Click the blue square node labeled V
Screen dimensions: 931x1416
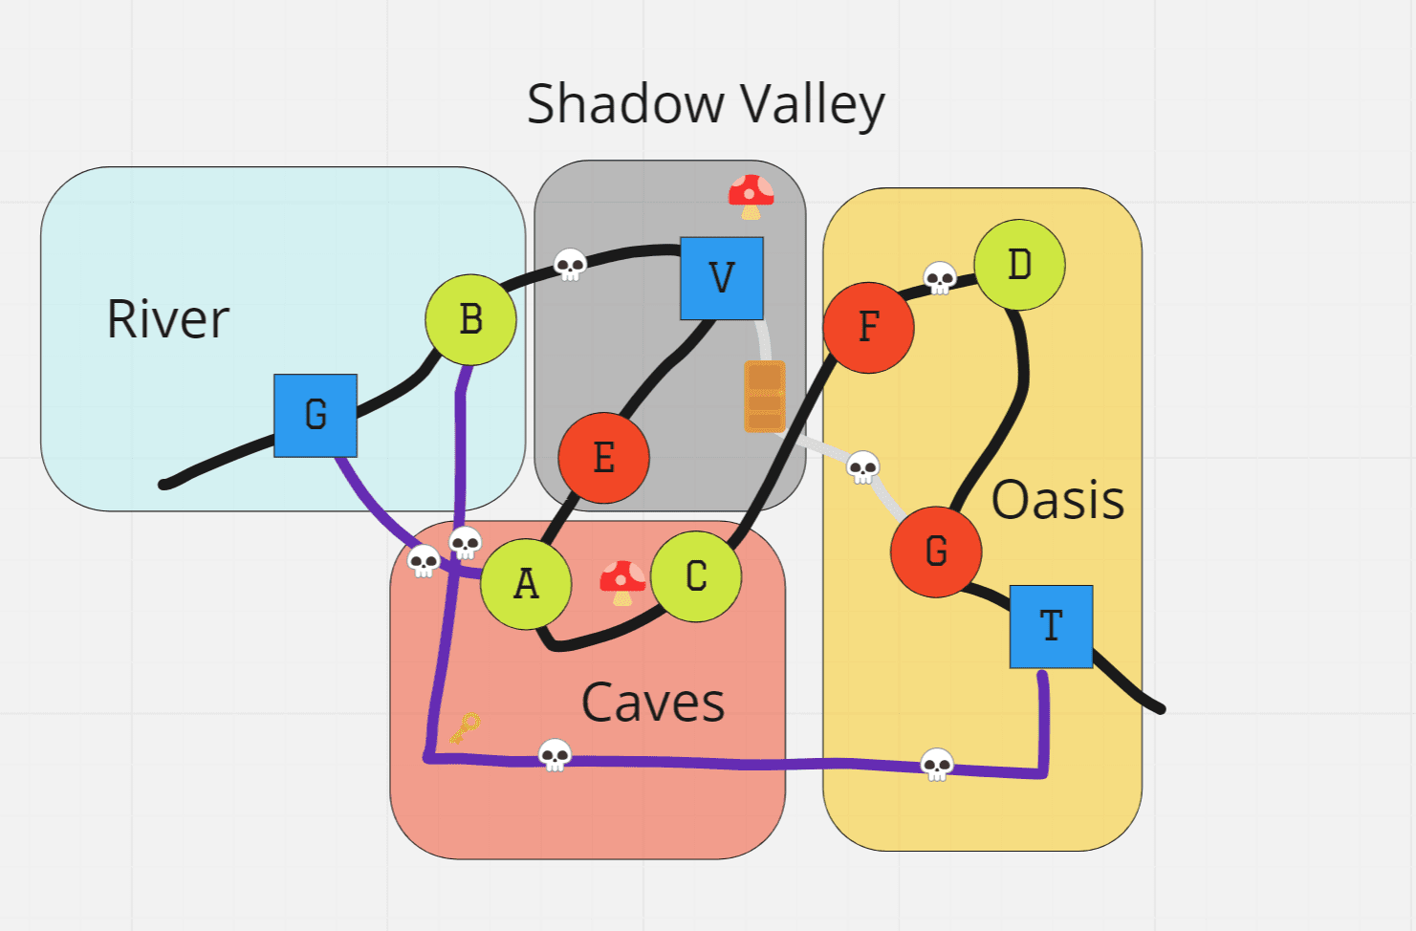tap(722, 278)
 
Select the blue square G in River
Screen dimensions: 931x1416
tap(316, 416)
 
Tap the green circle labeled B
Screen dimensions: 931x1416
tap(470, 320)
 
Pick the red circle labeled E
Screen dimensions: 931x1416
tap(603, 458)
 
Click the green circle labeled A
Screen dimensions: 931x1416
tap(526, 583)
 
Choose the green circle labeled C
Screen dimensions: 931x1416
tap(696, 576)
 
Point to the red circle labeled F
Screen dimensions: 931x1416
tap(868, 327)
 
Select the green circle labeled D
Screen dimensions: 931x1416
tap(1019, 265)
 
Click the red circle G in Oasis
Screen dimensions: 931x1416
tap(936, 552)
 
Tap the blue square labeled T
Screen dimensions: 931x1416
tap(1051, 626)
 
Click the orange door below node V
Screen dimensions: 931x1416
tap(765, 396)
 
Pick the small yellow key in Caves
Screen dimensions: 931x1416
tap(465, 728)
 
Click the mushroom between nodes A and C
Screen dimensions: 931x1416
tap(622, 582)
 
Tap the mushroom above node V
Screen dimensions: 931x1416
tap(752, 196)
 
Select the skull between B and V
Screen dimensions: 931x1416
tap(571, 265)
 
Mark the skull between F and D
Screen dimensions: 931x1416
tap(940, 278)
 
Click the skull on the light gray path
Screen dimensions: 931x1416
tap(863, 467)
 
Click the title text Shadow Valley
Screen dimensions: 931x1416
tap(706, 104)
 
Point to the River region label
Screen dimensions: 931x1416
tap(168, 319)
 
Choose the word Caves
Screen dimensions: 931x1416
tap(653, 703)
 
